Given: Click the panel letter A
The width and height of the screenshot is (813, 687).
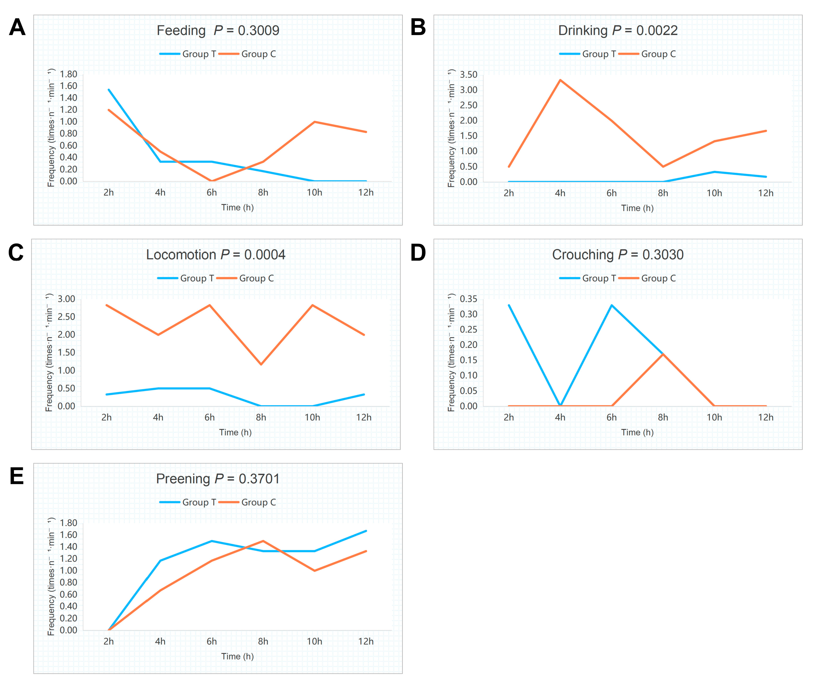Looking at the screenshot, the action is (17, 27).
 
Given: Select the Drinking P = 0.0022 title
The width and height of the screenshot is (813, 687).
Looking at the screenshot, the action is (618, 30).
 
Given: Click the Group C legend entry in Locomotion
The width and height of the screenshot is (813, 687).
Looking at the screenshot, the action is (245, 278).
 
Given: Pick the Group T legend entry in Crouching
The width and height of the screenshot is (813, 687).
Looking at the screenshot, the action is (588, 278).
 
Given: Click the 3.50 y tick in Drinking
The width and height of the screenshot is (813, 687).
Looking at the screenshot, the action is (468, 74).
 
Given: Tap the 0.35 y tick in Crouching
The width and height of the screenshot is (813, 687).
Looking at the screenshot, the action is (468, 299).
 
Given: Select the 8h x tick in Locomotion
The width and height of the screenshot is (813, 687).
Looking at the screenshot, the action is (261, 417).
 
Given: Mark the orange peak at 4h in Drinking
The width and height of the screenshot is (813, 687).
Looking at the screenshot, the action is (560, 80).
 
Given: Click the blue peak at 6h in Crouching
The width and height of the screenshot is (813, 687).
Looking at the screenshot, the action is (612, 305).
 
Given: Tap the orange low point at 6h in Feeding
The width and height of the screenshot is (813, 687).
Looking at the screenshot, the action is (211, 181).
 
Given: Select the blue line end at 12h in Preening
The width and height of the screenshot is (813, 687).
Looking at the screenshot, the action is (366, 531).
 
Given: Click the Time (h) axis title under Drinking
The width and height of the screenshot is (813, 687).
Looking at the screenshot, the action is (637, 208).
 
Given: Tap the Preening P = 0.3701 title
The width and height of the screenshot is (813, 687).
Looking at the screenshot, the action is (218, 479).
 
